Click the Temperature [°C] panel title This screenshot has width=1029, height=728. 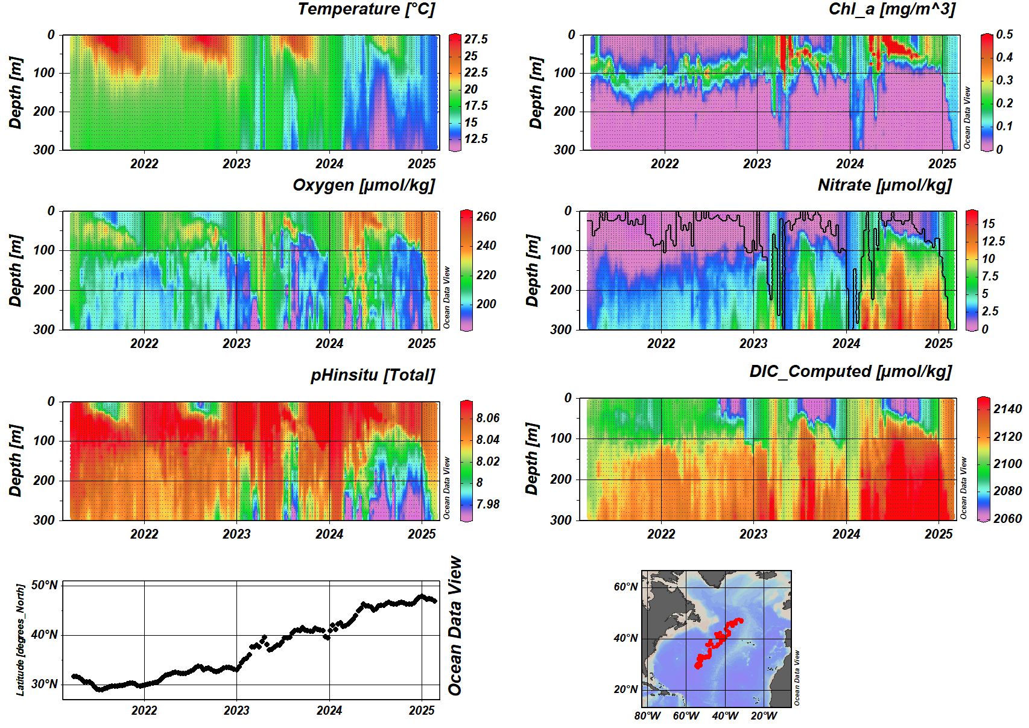366,9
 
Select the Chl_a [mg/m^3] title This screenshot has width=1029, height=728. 891,9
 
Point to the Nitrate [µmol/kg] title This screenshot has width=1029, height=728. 884,185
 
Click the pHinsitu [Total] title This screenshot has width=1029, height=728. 372,375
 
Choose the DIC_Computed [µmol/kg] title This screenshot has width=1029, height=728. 850,372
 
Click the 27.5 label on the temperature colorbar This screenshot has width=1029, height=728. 476,39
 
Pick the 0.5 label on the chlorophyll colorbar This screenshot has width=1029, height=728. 1004,34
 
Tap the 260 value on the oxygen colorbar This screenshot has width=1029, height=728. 486,217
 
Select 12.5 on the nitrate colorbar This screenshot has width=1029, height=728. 993,241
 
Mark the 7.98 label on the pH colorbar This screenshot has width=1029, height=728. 487,504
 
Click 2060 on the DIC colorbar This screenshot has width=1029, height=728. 1007,518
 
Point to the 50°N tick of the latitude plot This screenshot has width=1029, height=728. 45,585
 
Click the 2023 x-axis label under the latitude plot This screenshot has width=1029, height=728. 236,711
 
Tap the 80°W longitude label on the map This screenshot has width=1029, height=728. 647,716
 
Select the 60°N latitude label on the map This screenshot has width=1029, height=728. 625,587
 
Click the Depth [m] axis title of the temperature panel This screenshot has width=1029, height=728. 16,93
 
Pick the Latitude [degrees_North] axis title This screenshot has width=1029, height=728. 21,639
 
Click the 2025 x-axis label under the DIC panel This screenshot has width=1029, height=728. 939,534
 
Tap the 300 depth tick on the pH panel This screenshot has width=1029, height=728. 43,519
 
